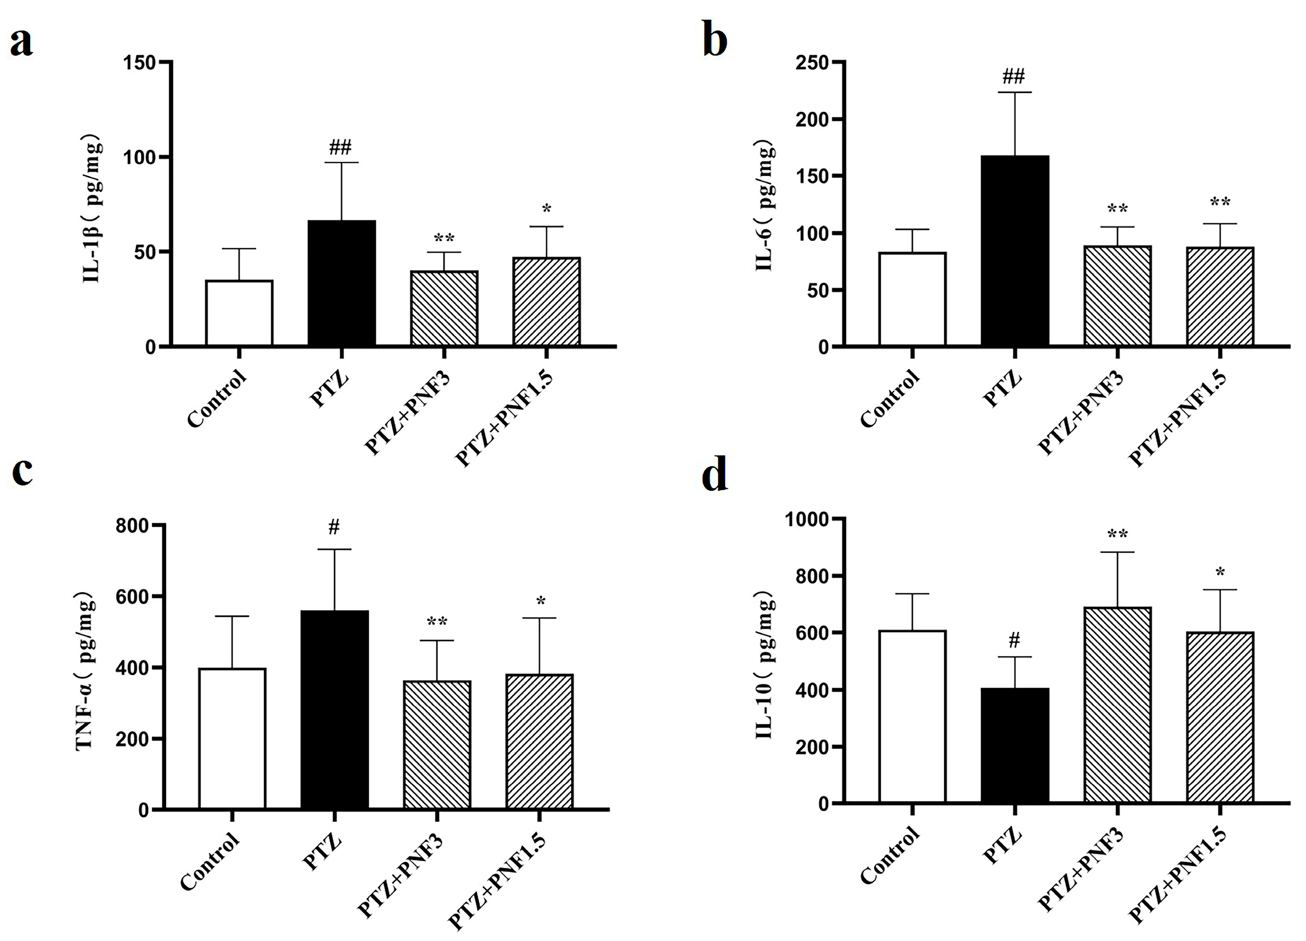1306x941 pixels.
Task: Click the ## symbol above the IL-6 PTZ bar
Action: (x=1014, y=76)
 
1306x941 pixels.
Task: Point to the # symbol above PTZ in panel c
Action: (x=334, y=526)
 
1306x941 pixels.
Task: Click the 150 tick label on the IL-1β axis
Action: (x=140, y=62)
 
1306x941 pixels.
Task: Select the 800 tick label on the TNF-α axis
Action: (x=132, y=526)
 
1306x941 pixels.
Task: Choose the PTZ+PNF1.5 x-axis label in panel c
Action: (x=496, y=881)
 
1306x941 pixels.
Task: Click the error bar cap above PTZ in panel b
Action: (x=1014, y=92)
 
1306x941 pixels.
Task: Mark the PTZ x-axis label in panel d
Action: (x=1002, y=846)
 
